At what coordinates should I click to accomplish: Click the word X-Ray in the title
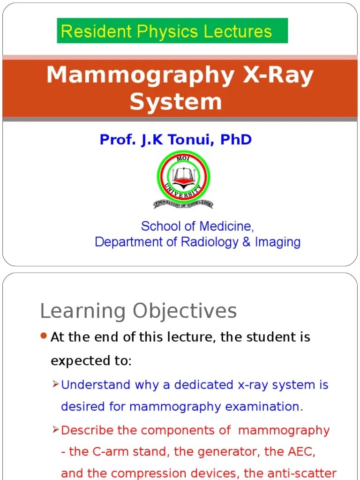[x=278, y=75]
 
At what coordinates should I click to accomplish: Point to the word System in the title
[x=176, y=102]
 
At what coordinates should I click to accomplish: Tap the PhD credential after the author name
[x=235, y=139]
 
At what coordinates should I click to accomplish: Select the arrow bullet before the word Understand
[x=55, y=384]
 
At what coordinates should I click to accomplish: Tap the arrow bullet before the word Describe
[x=55, y=430]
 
